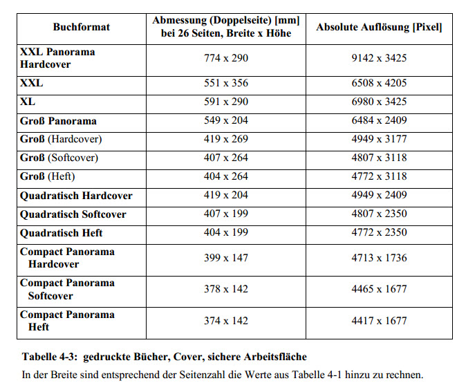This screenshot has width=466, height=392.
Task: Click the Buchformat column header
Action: pyautogui.click(x=81, y=27)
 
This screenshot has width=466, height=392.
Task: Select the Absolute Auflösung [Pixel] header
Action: pyautogui.click(x=379, y=27)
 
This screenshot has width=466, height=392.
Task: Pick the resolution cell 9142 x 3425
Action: pyautogui.click(x=379, y=58)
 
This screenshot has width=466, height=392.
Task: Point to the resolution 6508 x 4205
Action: pyautogui.click(x=379, y=83)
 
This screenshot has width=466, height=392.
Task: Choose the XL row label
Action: pyautogui.click(x=28, y=102)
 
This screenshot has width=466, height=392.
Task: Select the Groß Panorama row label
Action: pyautogui.click(x=58, y=120)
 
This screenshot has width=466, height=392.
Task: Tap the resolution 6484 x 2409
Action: pyautogui.click(x=379, y=120)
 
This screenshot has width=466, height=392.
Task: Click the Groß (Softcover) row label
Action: pyautogui.click(x=59, y=158)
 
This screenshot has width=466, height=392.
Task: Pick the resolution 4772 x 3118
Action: pyautogui.click(x=379, y=176)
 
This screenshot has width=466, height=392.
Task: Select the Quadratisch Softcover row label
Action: pyautogui.click(x=73, y=214)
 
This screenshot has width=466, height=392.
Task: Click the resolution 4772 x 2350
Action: pyautogui.click(x=379, y=232)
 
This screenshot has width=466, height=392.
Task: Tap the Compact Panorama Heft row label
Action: pyautogui.click(x=67, y=321)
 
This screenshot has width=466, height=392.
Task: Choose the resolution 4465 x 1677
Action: pyautogui.click(x=379, y=289)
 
